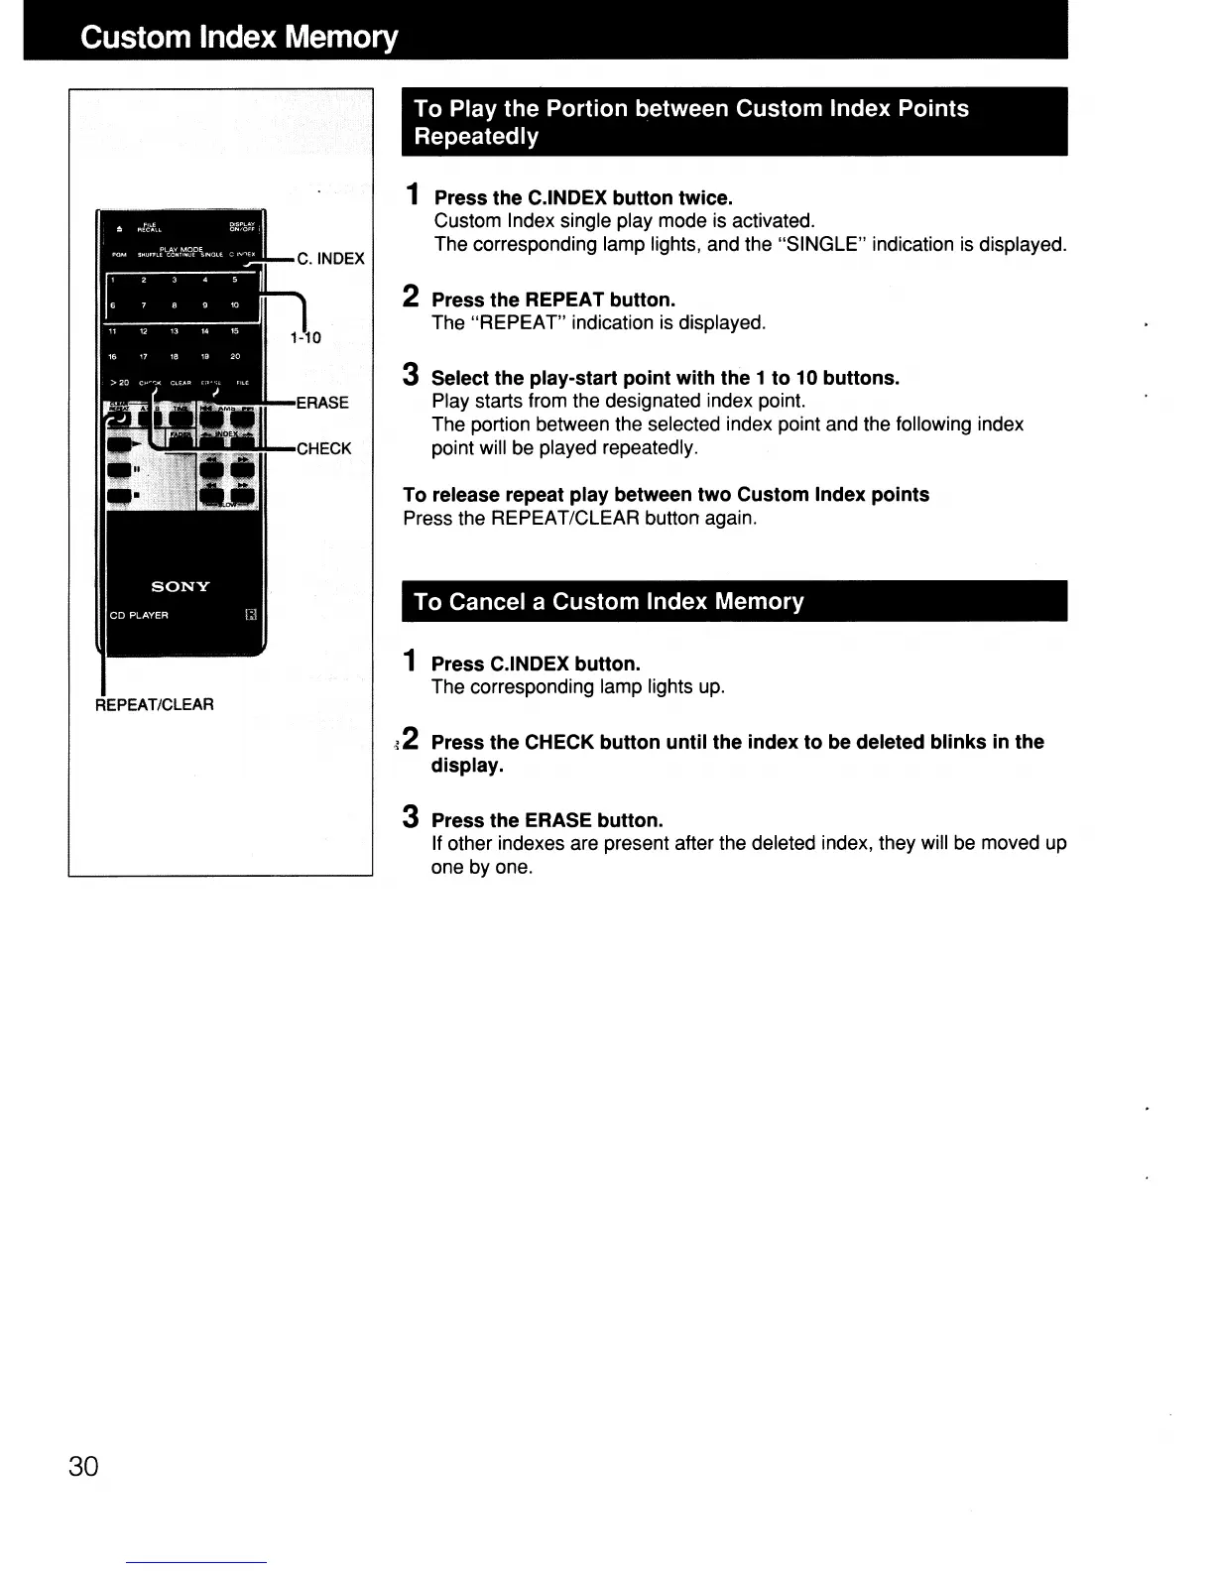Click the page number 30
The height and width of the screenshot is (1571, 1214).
[84, 1466]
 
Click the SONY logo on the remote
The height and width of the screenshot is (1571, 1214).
[181, 587]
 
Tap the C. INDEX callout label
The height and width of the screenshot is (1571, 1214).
[330, 259]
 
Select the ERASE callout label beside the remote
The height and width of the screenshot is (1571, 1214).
[322, 403]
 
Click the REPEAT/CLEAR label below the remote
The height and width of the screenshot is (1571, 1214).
[155, 704]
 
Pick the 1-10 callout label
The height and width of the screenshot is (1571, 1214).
[305, 337]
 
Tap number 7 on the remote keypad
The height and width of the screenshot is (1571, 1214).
[144, 305]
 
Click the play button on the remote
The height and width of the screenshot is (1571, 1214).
[119, 445]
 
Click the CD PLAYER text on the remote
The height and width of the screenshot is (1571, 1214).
[139, 615]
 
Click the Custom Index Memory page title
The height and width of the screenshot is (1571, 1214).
[239, 38]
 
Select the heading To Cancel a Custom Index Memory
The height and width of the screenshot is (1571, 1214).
[608, 602]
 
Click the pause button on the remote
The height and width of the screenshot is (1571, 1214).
[119, 469]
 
